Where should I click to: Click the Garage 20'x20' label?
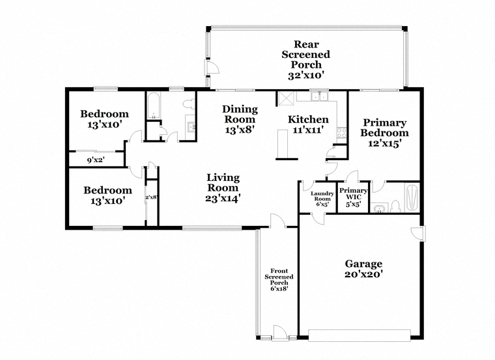363,269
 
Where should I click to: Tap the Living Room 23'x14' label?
223,187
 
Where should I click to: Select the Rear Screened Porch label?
305,60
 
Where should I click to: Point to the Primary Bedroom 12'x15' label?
384,133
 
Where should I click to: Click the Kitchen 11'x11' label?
308,124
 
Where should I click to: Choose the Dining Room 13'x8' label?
240,119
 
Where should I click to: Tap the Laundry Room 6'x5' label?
322,199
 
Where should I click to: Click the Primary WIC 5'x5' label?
353,197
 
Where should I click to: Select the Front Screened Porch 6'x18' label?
279,279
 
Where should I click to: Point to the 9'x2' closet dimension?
96,160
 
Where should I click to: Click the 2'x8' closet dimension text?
152,197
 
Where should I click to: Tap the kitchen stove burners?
341,133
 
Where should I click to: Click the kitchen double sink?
319,95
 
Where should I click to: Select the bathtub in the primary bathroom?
412,197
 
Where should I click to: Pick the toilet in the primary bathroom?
395,206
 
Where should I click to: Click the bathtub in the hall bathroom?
154,105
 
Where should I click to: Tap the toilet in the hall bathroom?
189,104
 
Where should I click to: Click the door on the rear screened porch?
212,68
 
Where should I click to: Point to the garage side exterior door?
418,234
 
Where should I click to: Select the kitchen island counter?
282,144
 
